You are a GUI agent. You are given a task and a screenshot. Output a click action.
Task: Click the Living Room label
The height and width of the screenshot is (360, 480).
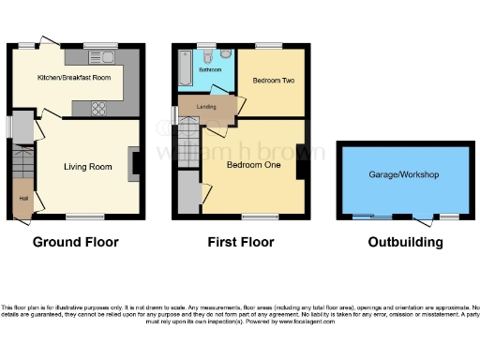click(88, 167)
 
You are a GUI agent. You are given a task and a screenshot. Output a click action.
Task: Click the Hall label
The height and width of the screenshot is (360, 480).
click(22, 199)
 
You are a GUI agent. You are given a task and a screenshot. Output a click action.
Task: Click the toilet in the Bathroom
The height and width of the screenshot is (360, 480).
click(214, 55)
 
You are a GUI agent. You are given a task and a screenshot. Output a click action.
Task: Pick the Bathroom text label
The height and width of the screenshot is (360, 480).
click(209, 70)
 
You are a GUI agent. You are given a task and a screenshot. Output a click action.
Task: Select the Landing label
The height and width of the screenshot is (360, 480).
click(206, 107)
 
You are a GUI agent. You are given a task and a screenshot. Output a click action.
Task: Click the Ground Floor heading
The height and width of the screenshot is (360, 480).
click(76, 242)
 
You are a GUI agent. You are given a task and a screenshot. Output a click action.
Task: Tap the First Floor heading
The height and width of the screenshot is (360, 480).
click(241, 242)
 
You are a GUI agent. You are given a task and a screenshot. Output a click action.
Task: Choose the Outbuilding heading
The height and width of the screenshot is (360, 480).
click(405, 242)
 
